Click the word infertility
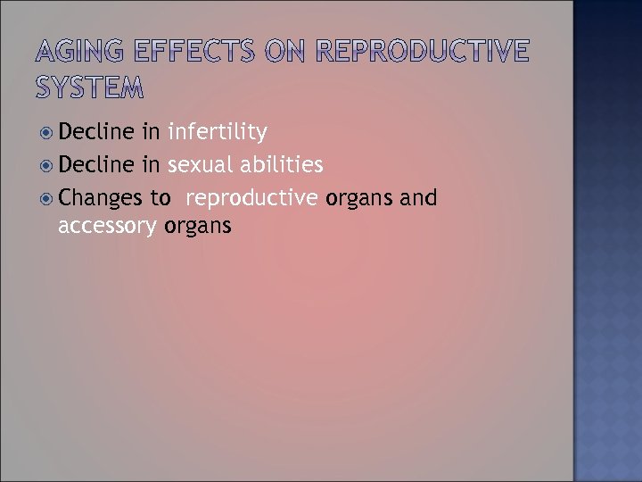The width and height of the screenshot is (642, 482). [217, 133]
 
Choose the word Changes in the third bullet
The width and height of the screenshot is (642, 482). [100, 197]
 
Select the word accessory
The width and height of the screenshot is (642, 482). [108, 227]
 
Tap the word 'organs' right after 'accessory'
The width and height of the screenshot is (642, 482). [198, 227]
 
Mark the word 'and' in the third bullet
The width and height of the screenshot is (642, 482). [419, 197]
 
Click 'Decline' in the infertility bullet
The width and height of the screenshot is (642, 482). [95, 133]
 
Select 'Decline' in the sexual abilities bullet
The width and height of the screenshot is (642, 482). [95, 165]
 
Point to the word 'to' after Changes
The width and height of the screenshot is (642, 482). [160, 197]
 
